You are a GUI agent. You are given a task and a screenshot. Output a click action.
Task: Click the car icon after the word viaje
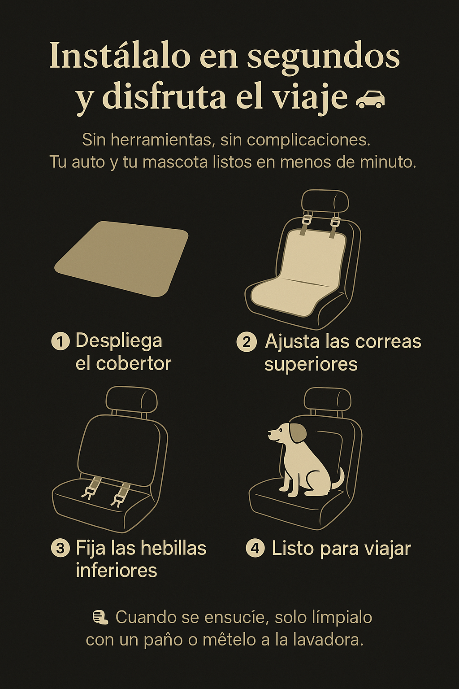[x=370, y=99]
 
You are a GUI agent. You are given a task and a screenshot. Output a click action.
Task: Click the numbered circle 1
[x=61, y=342]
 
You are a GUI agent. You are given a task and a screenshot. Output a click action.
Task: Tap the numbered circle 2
[x=246, y=342]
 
